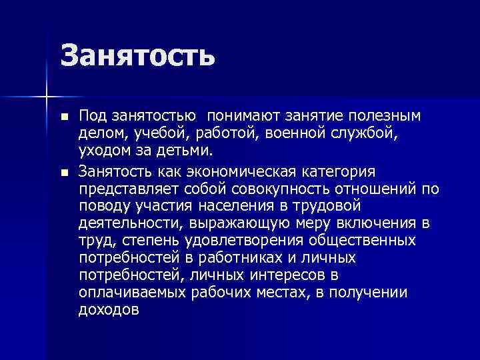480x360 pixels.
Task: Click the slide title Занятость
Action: [x=138, y=55]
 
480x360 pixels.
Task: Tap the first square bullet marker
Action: [x=64, y=117]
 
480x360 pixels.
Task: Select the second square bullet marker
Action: [x=64, y=173]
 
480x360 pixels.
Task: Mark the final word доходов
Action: [x=109, y=309]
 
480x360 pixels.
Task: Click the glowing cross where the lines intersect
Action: [x=46, y=96]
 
